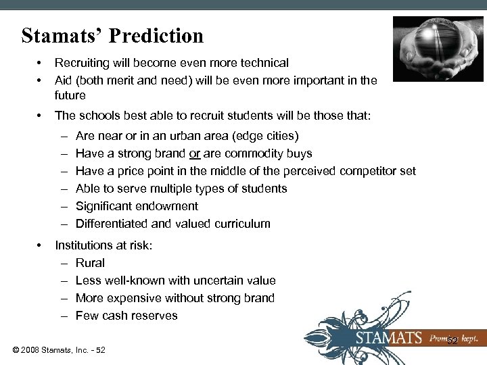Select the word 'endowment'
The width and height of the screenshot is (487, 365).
pyautogui.click(x=166, y=206)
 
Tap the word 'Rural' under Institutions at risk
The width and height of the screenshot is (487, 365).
pyautogui.click(x=90, y=263)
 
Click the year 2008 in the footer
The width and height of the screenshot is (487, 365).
pyautogui.click(x=31, y=350)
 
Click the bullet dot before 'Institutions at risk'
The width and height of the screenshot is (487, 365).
pyautogui.click(x=41, y=245)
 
